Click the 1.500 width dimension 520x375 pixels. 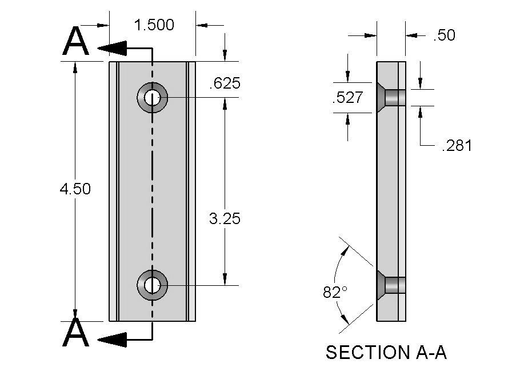154,25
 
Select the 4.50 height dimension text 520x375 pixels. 75,189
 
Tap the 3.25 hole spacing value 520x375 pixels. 225,218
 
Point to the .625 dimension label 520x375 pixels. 225,83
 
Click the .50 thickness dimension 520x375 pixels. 444,35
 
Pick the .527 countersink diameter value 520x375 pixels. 347,98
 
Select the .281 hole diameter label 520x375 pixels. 457,146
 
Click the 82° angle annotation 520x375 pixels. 335,292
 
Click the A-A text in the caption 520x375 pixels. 429,353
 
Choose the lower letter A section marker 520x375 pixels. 76,333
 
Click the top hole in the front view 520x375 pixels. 152,98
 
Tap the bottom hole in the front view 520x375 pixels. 152,285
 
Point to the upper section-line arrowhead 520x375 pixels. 111,47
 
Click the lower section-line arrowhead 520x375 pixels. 111,340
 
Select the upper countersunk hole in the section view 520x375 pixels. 391,98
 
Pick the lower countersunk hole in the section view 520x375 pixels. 391,285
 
